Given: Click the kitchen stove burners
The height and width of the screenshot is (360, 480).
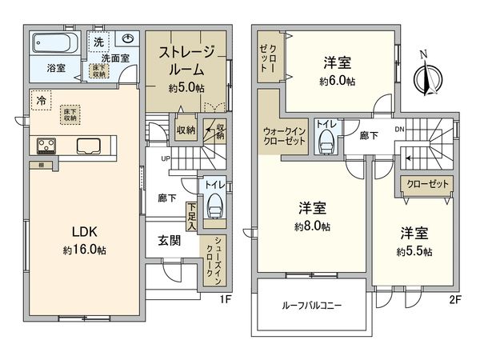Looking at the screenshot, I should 45,146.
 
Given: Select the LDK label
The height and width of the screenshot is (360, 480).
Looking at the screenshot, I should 84,231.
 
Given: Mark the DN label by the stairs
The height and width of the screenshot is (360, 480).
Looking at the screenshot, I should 399,129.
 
